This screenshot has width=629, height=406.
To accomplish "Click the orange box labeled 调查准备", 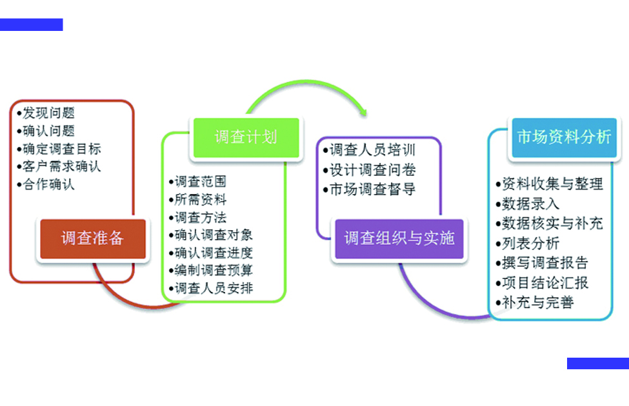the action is pyautogui.click(x=93, y=238).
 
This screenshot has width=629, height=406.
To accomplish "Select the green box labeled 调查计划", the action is pyautogui.click(x=246, y=137).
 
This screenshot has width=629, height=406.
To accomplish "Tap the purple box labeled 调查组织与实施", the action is pyautogui.click(x=399, y=238).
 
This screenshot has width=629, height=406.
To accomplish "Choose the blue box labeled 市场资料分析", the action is pyautogui.click(x=564, y=137).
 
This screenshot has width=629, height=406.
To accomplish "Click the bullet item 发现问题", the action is pyautogui.click(x=46, y=113).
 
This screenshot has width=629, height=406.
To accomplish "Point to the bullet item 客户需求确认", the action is pyautogui.click(x=59, y=166).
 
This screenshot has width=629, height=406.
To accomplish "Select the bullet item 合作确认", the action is pyautogui.click(x=46, y=184).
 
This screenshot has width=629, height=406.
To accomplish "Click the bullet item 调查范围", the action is pyautogui.click(x=198, y=182).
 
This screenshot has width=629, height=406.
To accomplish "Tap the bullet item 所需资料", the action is pyautogui.click(x=198, y=199).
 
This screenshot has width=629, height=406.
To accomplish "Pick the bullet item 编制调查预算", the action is pyautogui.click(x=211, y=270).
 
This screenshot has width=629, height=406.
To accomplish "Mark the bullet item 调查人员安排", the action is pyautogui.click(x=211, y=288).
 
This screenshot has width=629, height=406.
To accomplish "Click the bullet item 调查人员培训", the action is pyautogui.click(x=370, y=150).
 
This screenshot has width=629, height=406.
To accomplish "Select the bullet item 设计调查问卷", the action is pyautogui.click(x=370, y=170).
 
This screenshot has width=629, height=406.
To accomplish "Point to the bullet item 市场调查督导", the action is pyautogui.click(x=370, y=189).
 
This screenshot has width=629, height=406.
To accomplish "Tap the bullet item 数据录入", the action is pyautogui.click(x=528, y=204).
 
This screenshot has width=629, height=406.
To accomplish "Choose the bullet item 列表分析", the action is pyautogui.click(x=528, y=244).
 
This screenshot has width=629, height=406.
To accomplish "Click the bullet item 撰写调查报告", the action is pyautogui.click(x=542, y=263).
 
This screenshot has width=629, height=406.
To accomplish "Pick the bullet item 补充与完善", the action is pyautogui.click(x=535, y=302).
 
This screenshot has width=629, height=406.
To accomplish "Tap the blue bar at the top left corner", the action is pyautogui.click(x=32, y=24).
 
